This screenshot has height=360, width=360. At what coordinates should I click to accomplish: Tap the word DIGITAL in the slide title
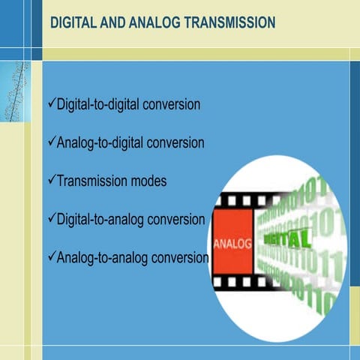pos(73,23)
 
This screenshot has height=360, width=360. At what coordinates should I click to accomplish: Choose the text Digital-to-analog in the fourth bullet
pos(97,220)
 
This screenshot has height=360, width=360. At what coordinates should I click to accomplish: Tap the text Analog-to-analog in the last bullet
pos(99,258)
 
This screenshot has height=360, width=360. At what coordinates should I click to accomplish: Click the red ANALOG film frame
pos(232,244)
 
